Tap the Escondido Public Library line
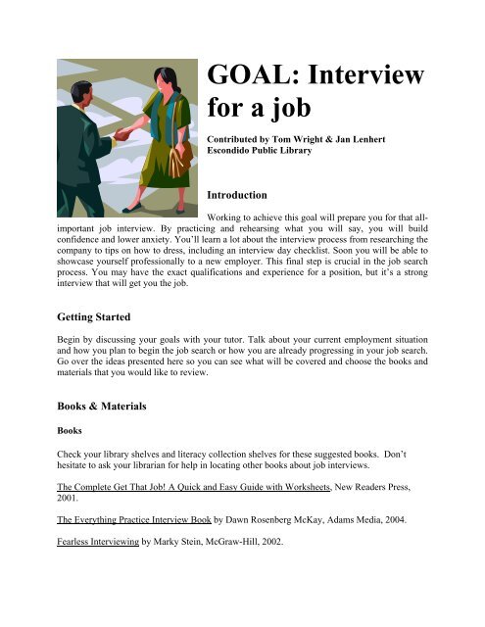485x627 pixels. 276,153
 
